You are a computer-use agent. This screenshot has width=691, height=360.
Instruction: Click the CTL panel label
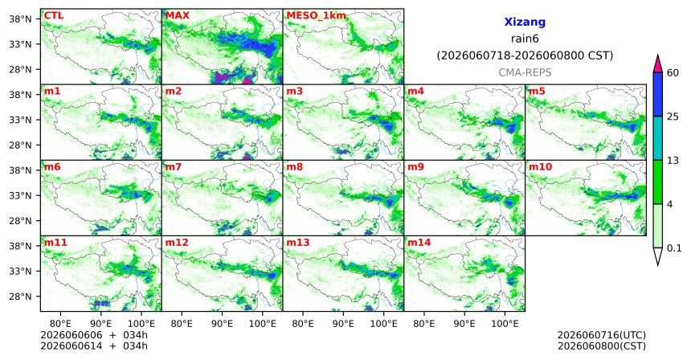click(53, 15)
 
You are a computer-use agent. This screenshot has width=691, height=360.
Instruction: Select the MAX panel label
click(177, 15)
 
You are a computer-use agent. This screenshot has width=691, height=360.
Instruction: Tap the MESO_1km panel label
click(316, 16)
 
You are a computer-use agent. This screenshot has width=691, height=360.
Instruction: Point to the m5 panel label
click(537, 92)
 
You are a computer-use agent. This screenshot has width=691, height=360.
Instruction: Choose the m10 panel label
click(540, 167)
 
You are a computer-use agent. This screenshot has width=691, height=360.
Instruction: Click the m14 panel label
click(419, 243)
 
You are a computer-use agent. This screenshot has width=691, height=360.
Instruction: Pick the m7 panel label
click(174, 167)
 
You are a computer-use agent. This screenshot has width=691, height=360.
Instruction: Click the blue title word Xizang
click(525, 22)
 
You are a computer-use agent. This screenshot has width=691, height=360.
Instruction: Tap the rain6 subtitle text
click(525, 39)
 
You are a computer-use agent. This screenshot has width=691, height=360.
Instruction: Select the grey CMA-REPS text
click(525, 72)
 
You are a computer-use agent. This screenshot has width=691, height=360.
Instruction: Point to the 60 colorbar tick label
click(673, 72)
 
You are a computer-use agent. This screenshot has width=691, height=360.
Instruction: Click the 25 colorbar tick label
click(673, 117)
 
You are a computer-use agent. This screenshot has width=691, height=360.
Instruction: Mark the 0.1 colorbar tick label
click(674, 248)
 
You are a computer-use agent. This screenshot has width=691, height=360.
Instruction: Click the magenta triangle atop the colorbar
click(658, 64)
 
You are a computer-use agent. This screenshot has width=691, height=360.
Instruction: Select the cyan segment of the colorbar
click(658, 138)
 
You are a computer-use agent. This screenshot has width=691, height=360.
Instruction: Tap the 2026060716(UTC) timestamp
click(602, 336)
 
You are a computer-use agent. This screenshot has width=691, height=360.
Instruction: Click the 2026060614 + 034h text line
click(94, 346)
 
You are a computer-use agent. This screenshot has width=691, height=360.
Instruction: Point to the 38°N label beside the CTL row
click(20, 19)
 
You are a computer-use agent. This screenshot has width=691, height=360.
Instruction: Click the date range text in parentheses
click(525, 56)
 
